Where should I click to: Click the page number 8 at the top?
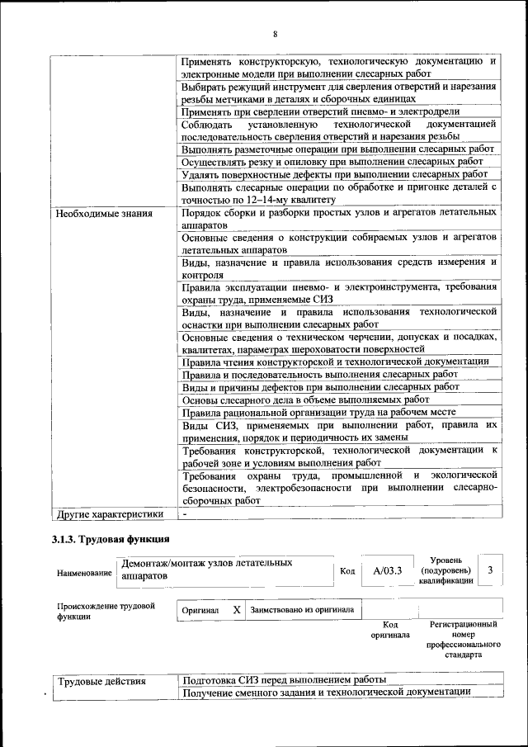coord(275,34)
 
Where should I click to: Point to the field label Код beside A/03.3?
coord(347,570)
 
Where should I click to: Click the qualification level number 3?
coord(490,570)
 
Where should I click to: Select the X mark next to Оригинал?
coord(236,609)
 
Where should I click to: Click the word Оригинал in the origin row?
coord(200,610)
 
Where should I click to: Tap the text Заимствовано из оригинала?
coord(302,610)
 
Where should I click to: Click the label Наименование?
coord(83,572)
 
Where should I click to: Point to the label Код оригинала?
coord(384,631)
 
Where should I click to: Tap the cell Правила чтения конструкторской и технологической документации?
coord(335,361)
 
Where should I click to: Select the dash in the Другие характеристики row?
coord(186,513)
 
